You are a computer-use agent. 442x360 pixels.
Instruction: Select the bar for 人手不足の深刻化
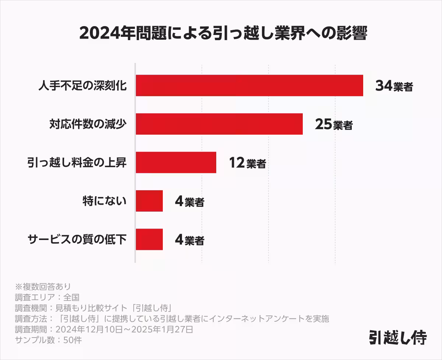pyautogui.click(x=249, y=85)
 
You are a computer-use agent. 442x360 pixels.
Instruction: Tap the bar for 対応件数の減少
pyautogui.click(x=219, y=124)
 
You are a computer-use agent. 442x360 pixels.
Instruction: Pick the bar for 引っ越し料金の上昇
pyautogui.click(x=176, y=162)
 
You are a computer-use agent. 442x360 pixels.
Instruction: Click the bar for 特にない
pyautogui.click(x=149, y=201)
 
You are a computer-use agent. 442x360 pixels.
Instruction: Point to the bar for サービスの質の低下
pyautogui.click(x=149, y=239)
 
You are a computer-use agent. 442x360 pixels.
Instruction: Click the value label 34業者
pyautogui.click(x=394, y=86)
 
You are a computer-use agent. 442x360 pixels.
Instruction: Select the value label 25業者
pyautogui.click(x=334, y=125)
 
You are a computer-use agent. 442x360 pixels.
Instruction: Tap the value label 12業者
pyautogui.click(x=247, y=163)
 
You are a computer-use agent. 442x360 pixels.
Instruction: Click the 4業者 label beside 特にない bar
pyautogui.click(x=189, y=202)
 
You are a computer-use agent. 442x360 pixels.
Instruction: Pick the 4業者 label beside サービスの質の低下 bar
pyautogui.click(x=189, y=240)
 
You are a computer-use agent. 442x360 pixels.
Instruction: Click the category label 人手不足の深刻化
pyautogui.click(x=83, y=86)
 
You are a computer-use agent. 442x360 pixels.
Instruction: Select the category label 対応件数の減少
pyautogui.click(x=88, y=124)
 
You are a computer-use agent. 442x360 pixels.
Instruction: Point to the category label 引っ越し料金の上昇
pyautogui.click(x=77, y=163)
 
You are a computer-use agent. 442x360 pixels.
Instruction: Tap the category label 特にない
pyautogui.click(x=105, y=201)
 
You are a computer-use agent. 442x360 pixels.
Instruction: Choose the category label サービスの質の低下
pyautogui.click(x=77, y=240)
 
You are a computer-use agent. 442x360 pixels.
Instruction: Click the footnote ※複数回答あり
pyautogui.click(x=43, y=286)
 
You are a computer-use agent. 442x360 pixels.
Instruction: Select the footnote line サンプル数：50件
pyautogui.click(x=48, y=340)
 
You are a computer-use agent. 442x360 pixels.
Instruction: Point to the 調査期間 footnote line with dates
pyautogui.click(x=104, y=329)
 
